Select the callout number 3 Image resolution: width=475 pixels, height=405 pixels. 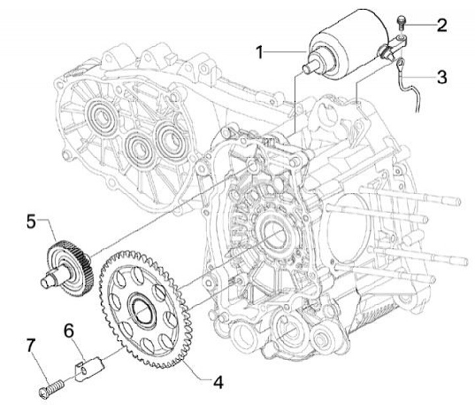tap(441, 76)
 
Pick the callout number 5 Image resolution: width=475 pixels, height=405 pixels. tap(30, 221)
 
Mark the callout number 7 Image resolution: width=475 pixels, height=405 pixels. tap(30, 344)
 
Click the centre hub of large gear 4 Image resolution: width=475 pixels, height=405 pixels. tap(141, 305)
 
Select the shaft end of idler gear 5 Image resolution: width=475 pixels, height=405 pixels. tap(46, 282)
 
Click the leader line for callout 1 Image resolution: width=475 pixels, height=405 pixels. tap(288, 51)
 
